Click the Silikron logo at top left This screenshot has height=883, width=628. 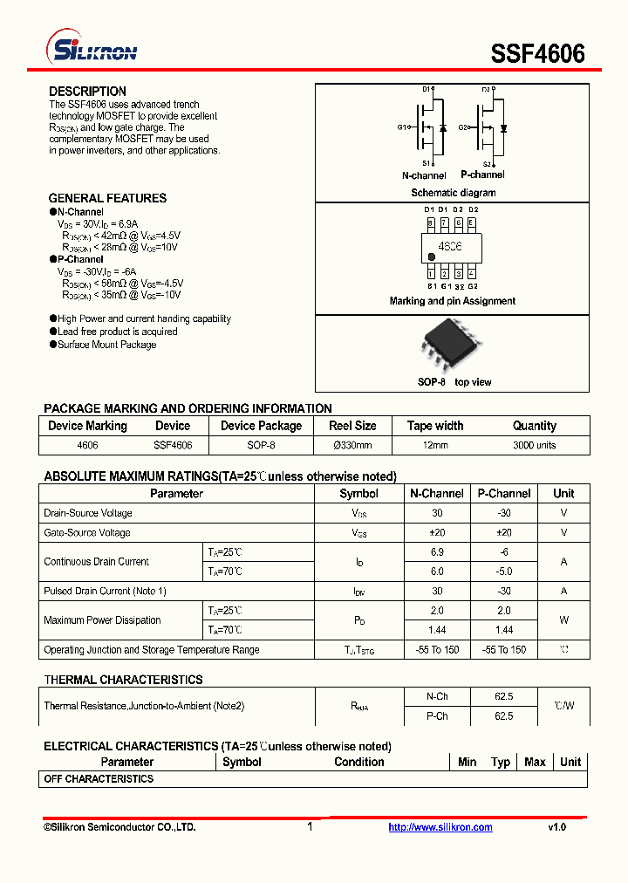tap(92, 50)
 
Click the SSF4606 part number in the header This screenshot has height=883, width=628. tap(537, 53)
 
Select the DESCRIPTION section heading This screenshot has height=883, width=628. tap(87, 92)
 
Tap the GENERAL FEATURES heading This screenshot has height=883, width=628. tap(107, 198)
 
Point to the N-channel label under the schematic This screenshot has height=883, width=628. tap(424, 175)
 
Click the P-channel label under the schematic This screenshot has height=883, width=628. tap(482, 175)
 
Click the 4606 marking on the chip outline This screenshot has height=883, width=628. tap(450, 248)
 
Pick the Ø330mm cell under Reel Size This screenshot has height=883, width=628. tap(352, 445)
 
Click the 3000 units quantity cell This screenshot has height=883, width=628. tap(534, 445)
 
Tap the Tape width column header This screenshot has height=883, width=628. tap(435, 426)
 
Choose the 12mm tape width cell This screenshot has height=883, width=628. tap(435, 445)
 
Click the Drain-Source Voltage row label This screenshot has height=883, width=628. tap(88, 513)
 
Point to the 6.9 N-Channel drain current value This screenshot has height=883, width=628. tap(437, 552)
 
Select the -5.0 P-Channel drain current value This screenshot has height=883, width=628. tap(504, 572)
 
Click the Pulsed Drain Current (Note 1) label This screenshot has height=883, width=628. tap(105, 591)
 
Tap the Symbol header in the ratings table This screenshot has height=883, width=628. tap(358, 493)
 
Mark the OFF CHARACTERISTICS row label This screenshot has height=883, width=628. tap(99, 778)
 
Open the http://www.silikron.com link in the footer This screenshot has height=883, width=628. tap(440, 827)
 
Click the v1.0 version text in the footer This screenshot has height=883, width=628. tap(556, 827)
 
